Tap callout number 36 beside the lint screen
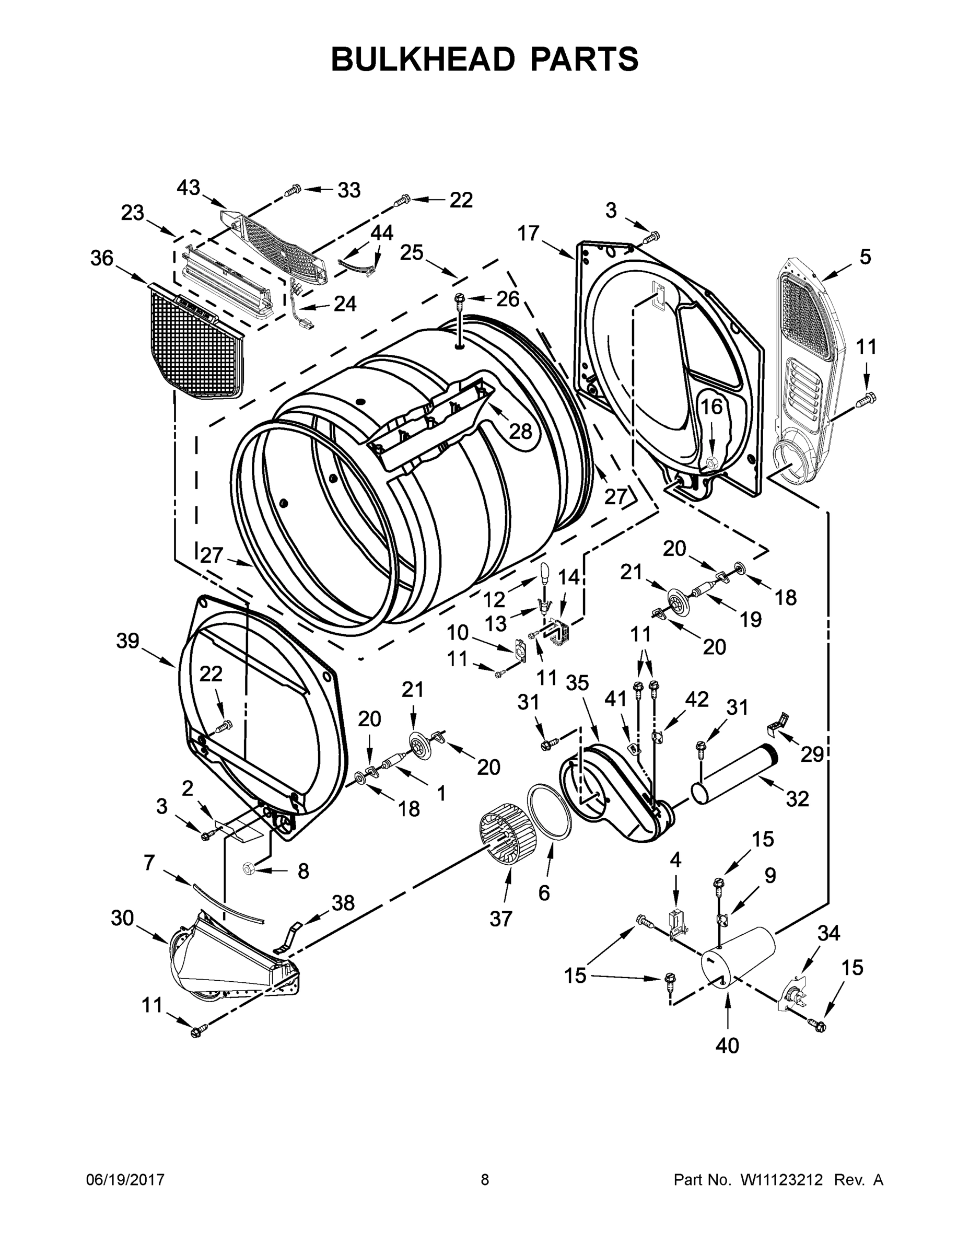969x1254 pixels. (x=102, y=259)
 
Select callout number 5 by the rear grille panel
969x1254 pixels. (x=865, y=257)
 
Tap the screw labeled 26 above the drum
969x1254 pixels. (x=459, y=298)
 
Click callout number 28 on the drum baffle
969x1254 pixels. (x=521, y=431)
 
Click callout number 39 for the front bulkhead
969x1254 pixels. (x=128, y=641)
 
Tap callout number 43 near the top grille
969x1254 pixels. (x=188, y=188)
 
